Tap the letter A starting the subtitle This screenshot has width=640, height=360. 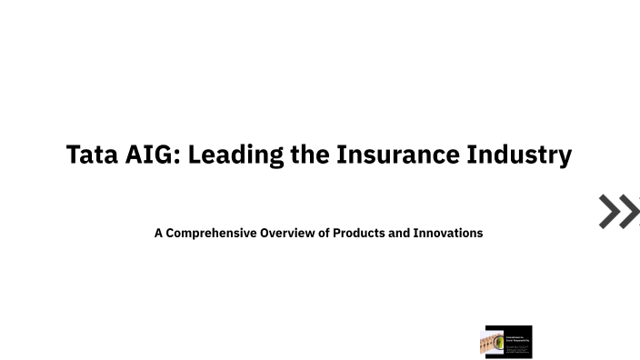pyautogui.click(x=158, y=233)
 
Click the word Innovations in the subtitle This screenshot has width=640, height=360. pyautogui.click(x=448, y=233)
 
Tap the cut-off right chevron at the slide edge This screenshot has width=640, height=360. pyautogui.click(x=633, y=211)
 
